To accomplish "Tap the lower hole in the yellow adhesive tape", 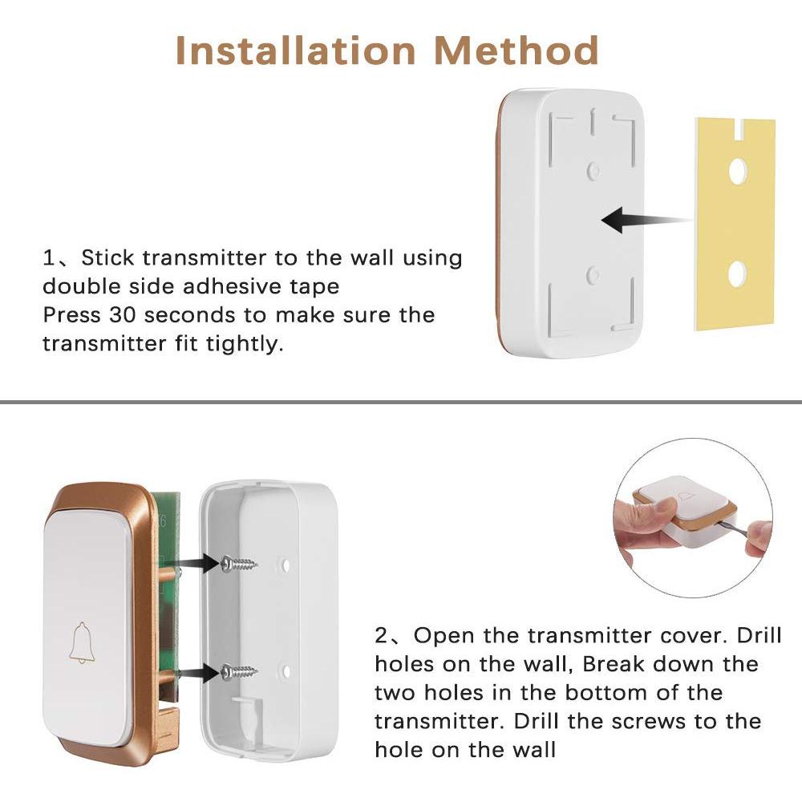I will point(737,275).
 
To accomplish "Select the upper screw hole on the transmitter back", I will point(593,169).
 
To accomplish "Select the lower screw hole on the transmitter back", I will point(593,275).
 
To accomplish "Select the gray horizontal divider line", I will point(401,400).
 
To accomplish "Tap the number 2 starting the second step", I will point(383,636).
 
